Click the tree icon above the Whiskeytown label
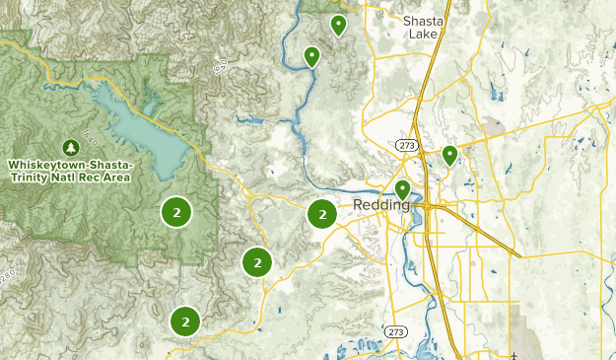(70, 146)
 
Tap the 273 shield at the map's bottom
(396, 331)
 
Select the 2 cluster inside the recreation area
(175, 212)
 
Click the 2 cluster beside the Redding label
(321, 213)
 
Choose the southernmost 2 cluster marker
(184, 321)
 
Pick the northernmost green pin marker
(338, 24)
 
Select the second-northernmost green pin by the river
(311, 55)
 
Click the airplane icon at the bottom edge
(514, 355)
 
